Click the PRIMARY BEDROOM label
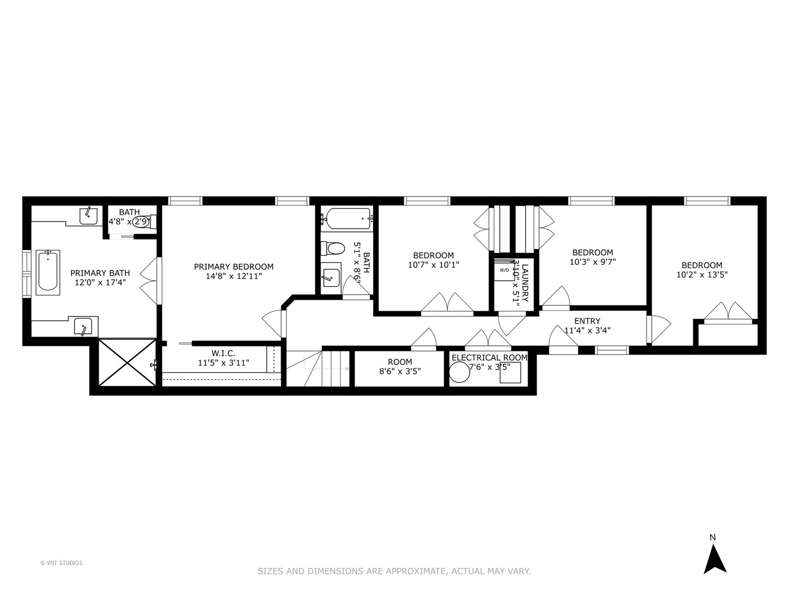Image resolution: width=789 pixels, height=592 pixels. pos(233,267)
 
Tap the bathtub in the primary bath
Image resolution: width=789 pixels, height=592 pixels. pos(48,272)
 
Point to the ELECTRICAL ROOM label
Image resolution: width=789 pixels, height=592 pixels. pos(489,357)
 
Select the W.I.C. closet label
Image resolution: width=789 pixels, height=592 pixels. pos(223,354)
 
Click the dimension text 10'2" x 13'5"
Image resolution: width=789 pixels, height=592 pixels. pos(702,275)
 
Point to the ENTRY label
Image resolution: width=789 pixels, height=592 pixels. pos(587,321)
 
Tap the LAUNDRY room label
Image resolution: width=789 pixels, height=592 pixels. pos(524,283)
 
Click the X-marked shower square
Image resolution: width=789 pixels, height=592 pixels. pos(127,362)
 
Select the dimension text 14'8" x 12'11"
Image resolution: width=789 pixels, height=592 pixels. pos(233,276)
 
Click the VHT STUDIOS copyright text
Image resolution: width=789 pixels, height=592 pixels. pos(61,562)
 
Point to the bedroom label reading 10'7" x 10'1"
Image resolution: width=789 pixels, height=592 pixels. pos(433,265)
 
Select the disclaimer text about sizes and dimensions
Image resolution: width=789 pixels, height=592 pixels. pos(394,571)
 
